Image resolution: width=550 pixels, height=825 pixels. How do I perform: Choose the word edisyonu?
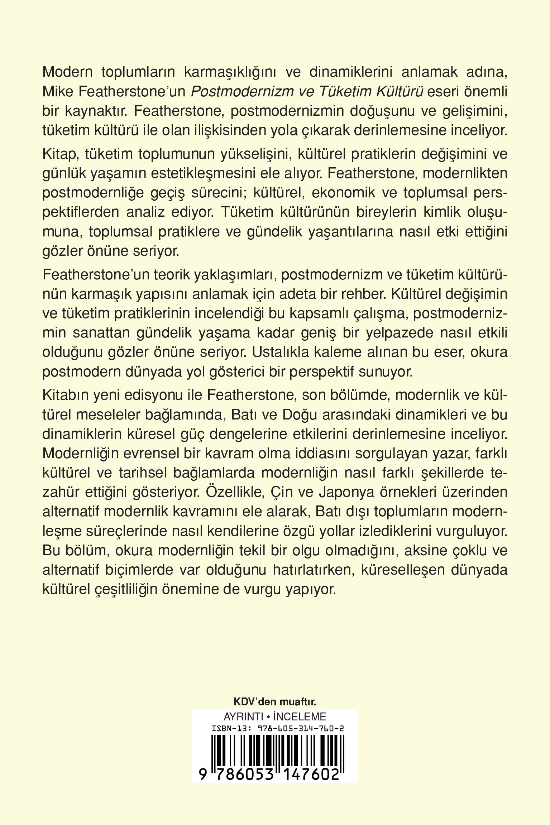coord(168,395)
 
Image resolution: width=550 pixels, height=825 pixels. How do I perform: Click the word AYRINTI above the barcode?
coord(243,716)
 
